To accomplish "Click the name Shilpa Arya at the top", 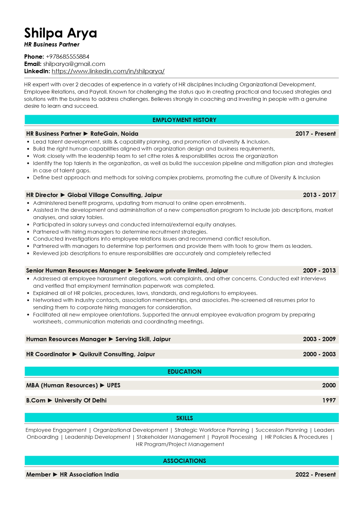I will pos(60,33).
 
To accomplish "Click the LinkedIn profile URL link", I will pos(108,71).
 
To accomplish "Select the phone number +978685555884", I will pos(67,57).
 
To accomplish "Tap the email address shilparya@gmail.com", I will pos(74,64).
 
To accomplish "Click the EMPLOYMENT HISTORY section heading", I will pos(184,120).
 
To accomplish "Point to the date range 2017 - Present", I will pos(315,134).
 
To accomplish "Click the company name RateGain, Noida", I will pos(114,134).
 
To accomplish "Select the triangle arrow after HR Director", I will pos(63,195).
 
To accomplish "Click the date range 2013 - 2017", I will pos(319,195).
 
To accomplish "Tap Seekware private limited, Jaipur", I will pos(181,271).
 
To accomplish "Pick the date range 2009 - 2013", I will pos(319,271).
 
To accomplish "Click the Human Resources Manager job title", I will pos(66,339).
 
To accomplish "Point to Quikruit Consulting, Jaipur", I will pos(117,354).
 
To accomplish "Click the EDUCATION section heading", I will pos(184,372).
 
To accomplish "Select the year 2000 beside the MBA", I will pos(329,385).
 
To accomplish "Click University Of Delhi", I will pos(80,400).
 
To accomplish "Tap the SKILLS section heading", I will pos(184,418).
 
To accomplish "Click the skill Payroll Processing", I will pos(234,437).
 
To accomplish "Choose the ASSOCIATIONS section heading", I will pos(184,461).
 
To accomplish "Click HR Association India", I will pos(89,475).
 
